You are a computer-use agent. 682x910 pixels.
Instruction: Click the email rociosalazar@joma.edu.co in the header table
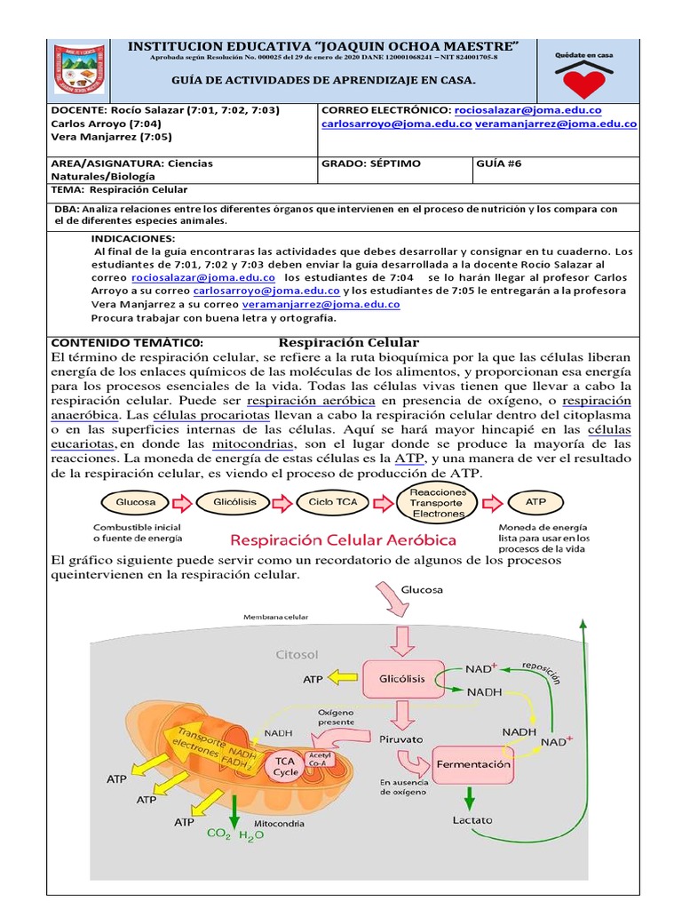click(x=527, y=109)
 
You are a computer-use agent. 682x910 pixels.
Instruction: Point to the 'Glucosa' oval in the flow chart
click(x=136, y=502)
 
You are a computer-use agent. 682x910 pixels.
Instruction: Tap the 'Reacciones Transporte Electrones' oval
click(x=437, y=502)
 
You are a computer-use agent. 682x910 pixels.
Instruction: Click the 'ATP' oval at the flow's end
click(x=535, y=502)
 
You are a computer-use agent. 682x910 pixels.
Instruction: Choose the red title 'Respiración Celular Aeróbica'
click(x=344, y=539)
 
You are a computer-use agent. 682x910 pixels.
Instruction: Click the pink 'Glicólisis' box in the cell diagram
click(x=402, y=678)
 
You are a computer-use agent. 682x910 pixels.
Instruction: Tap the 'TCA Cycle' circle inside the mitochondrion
click(x=285, y=767)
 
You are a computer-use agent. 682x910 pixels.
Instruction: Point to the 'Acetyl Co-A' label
click(x=318, y=758)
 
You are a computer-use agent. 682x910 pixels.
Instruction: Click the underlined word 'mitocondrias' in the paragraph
click(x=253, y=443)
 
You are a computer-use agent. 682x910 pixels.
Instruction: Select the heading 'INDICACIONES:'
click(x=133, y=238)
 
